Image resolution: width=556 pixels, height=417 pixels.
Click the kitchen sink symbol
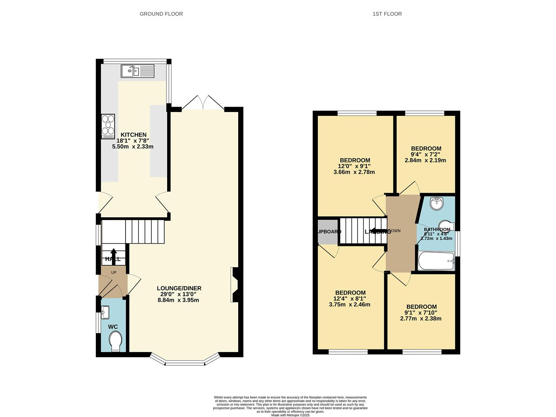137,71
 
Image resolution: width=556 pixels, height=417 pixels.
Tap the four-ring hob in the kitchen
108,127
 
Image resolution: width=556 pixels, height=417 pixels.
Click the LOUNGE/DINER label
179,288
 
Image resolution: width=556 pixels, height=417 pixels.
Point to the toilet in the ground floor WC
115,342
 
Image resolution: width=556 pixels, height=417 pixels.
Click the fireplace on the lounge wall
235,285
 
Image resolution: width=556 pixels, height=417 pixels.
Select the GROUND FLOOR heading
161,14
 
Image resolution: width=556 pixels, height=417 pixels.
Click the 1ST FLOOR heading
387,14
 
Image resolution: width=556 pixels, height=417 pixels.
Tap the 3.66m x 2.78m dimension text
354,172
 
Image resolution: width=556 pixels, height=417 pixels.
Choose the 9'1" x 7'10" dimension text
420,313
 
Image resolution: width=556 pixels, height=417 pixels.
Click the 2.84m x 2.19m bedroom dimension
425,160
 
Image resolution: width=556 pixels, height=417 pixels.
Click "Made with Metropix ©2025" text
290,415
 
